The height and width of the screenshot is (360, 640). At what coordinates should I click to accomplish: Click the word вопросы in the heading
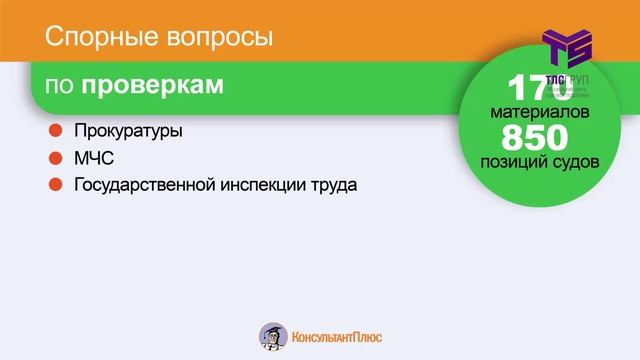[214, 40]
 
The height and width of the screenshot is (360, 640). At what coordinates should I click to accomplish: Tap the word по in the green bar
[61, 87]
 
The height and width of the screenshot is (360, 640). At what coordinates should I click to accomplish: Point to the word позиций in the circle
[514, 159]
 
